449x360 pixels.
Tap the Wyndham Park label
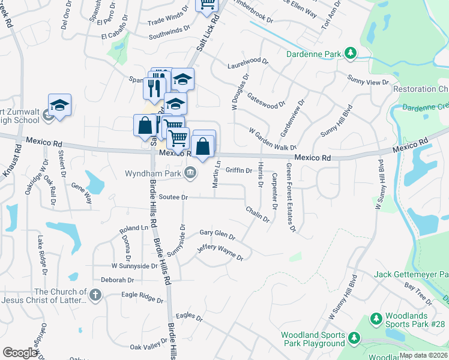click(x=153, y=173)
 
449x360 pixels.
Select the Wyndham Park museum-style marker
click(x=190, y=173)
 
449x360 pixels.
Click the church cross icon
click(x=95, y=295)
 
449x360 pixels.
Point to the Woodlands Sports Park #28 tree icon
click(x=376, y=318)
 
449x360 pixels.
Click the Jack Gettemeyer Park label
click(x=411, y=275)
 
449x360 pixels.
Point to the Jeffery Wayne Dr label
click(x=220, y=251)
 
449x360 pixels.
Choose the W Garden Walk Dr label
click(x=273, y=139)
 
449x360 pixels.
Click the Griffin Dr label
click(x=238, y=170)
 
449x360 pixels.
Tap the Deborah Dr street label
click(x=117, y=280)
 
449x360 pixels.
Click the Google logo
click(x=20, y=353)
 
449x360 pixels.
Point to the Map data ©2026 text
click(x=423, y=355)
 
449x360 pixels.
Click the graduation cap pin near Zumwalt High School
click(x=59, y=106)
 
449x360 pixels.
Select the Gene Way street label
click(x=82, y=194)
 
